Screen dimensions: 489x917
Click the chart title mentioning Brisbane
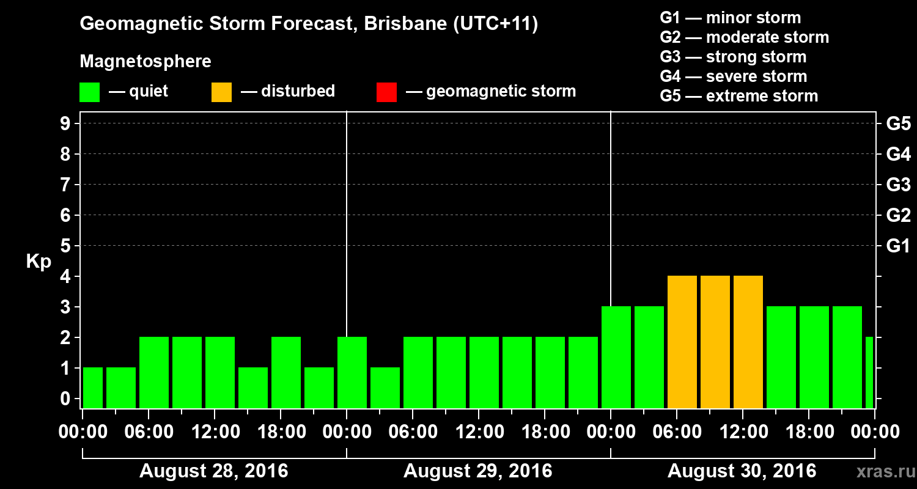309,24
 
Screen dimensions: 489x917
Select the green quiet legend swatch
90,92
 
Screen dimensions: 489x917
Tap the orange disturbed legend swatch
221,92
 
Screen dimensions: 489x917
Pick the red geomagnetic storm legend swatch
386,92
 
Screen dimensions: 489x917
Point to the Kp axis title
39,261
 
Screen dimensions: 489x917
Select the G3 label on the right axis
898,185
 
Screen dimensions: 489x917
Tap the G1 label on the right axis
898,246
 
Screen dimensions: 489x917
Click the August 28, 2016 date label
214,471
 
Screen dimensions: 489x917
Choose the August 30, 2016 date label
742,471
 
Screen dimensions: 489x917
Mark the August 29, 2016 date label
477,471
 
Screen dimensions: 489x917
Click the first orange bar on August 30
682,342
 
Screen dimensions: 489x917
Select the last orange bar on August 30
748,342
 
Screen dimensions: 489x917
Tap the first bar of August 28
93,388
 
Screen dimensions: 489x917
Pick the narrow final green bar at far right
869,372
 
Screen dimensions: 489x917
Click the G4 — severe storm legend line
733,76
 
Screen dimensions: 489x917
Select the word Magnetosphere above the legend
145,62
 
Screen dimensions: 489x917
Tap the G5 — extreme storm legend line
738,96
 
